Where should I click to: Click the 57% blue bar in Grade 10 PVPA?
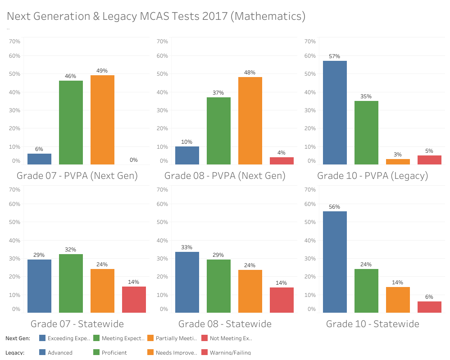335,113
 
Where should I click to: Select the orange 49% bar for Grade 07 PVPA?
102,120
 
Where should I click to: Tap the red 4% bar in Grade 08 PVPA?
282,161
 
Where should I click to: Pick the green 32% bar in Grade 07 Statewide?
71,283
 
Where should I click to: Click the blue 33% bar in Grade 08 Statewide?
187,282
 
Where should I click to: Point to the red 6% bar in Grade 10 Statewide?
429,307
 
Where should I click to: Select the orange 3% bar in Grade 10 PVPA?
398,162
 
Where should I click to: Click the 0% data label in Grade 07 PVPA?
134,160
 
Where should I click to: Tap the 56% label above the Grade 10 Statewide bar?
335,207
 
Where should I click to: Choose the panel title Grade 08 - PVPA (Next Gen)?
225,176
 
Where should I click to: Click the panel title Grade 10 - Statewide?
373,324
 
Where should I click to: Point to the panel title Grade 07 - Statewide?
77,324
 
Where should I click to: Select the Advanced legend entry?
60,353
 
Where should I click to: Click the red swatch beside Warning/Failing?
205,353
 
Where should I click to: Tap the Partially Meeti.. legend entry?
176,338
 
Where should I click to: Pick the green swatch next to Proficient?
97,353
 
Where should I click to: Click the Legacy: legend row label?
15,353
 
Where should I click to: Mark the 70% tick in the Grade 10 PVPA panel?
310,41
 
